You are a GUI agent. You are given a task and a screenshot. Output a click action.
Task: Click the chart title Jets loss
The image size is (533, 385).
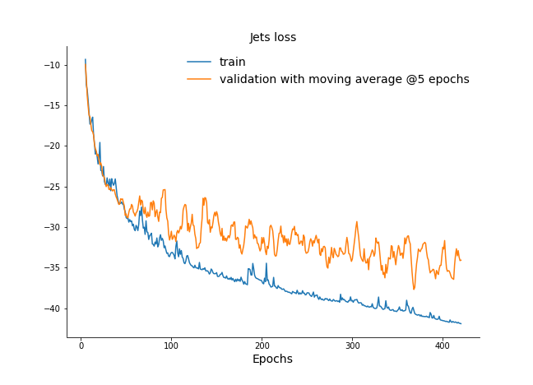pos(273,37)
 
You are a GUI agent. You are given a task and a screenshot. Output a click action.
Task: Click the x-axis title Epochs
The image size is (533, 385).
pos(272,359)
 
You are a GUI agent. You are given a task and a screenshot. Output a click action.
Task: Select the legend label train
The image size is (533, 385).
pos(232,62)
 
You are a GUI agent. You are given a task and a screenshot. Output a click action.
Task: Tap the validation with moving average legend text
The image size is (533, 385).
pos(344,80)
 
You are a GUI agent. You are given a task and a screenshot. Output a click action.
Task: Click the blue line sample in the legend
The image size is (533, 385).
pos(199,62)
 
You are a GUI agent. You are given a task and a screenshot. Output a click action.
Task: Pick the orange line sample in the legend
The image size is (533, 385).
pos(199,80)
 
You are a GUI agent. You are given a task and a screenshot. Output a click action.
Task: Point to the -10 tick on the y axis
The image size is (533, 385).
pos(52,65)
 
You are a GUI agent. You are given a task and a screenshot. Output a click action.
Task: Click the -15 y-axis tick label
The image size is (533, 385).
pos(52,105)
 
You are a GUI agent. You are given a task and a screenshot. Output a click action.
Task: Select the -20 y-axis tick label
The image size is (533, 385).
pos(52,146)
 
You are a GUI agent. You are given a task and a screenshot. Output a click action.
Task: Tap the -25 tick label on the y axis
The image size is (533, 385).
pos(52,187)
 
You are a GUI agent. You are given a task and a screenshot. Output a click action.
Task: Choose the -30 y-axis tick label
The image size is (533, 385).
pos(52,227)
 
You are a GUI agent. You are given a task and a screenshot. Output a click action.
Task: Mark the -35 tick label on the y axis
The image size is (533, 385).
pos(52,268)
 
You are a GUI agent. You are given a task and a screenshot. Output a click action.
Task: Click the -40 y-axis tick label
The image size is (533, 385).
pos(52,308)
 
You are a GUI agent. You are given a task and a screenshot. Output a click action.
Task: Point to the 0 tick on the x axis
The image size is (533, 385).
pos(81,345)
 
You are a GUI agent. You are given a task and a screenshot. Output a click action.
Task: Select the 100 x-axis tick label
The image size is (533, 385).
pos(171,345)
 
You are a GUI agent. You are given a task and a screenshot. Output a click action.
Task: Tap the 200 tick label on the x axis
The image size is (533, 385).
pos(262,345)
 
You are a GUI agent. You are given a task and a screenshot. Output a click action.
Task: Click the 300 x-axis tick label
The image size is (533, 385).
pos(352,345)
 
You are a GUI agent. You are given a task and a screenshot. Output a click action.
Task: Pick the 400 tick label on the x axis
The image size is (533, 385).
pos(443,345)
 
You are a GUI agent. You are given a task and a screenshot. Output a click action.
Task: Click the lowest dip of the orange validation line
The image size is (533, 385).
pos(414,289)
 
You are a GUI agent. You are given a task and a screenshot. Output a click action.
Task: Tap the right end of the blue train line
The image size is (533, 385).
pos(461,323)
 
